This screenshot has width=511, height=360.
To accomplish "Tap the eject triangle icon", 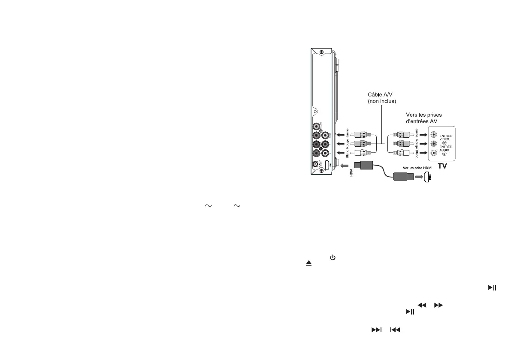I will coord(308,265).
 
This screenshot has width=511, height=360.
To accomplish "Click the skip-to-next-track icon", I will coord(376,330).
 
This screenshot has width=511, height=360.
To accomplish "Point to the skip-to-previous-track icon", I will coord(395,330).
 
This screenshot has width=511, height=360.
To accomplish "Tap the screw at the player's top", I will coord(322,52).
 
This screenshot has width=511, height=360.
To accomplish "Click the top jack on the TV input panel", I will coord(434,134).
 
